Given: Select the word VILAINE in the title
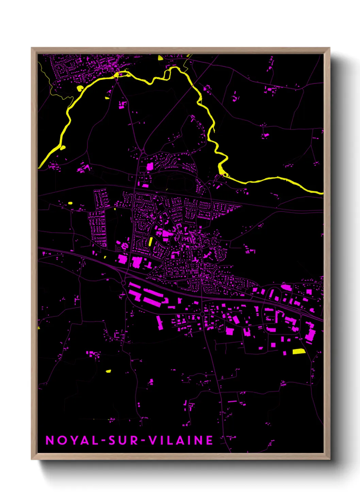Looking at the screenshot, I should [181, 440].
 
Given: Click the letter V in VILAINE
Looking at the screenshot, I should [154, 440].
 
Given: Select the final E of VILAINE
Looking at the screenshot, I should [210, 440].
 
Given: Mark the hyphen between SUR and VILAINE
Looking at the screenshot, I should [144, 441].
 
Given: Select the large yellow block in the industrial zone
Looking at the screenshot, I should [299, 351].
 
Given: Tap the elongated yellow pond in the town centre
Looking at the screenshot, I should [150, 241].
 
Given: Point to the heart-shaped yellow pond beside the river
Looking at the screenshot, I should [80, 89].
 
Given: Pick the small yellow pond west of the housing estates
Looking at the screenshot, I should [70, 203].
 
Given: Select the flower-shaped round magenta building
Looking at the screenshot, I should [125, 245].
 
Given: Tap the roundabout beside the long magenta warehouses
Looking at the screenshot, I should [123, 283].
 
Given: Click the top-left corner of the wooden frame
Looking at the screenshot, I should [32, 48].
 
